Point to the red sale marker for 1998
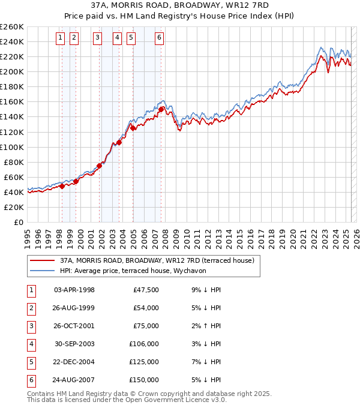pos(62,186)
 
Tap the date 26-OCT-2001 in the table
pos(74,326)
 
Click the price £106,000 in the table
pos(143,344)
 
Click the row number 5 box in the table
pos(30,362)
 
